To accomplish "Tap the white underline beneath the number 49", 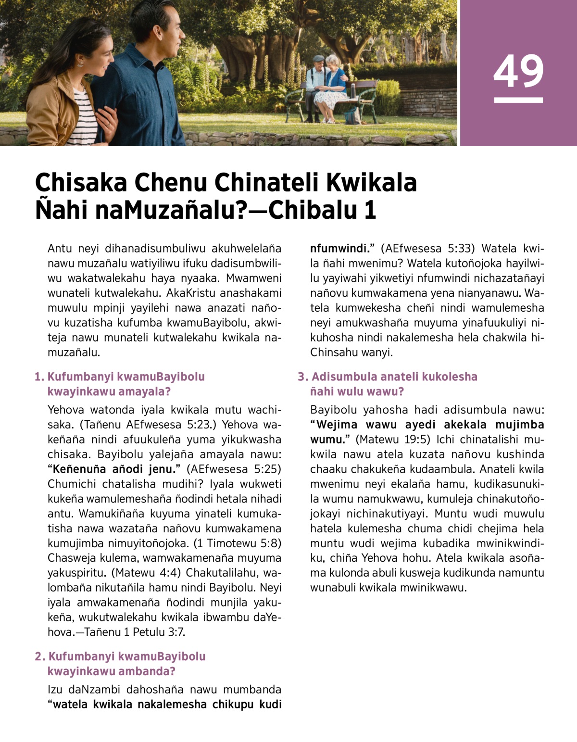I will click(518, 100).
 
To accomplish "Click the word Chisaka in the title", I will click(81, 183).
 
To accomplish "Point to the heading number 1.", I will click(38, 377).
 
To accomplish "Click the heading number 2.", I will click(39, 656).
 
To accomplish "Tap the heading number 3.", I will click(302, 377).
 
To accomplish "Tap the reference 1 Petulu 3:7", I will click(154, 632).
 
